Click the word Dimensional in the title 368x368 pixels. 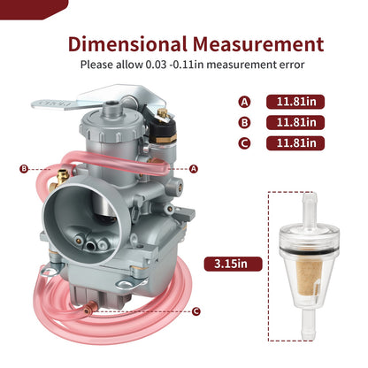tap(127, 44)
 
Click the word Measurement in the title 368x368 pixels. tap(258, 44)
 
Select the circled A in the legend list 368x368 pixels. tap(244, 103)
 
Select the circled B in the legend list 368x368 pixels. tap(244, 123)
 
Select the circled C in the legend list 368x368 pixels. tap(244, 143)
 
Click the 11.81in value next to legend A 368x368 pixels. tap(295, 102)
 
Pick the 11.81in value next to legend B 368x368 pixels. tap(295, 123)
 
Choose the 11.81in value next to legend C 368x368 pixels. tap(295, 143)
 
